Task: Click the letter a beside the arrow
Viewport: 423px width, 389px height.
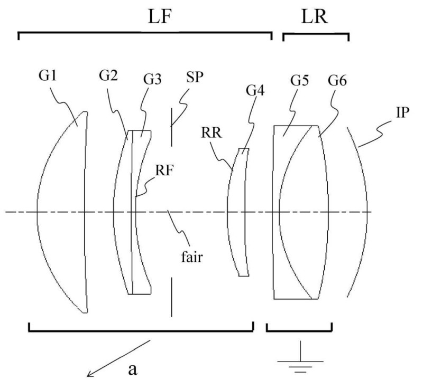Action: coord(133,368)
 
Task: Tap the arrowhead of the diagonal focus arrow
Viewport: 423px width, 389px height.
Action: coord(90,376)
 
